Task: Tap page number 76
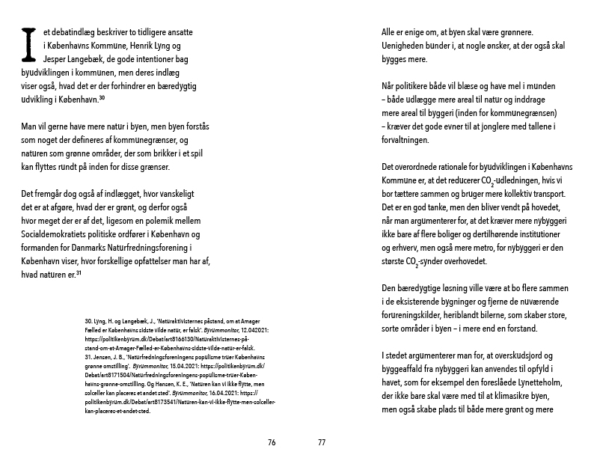coord(272,442)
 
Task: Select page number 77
coord(322,442)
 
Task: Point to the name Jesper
coord(33,60)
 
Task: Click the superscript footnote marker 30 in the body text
coord(102,99)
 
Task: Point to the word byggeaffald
coord(405,370)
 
